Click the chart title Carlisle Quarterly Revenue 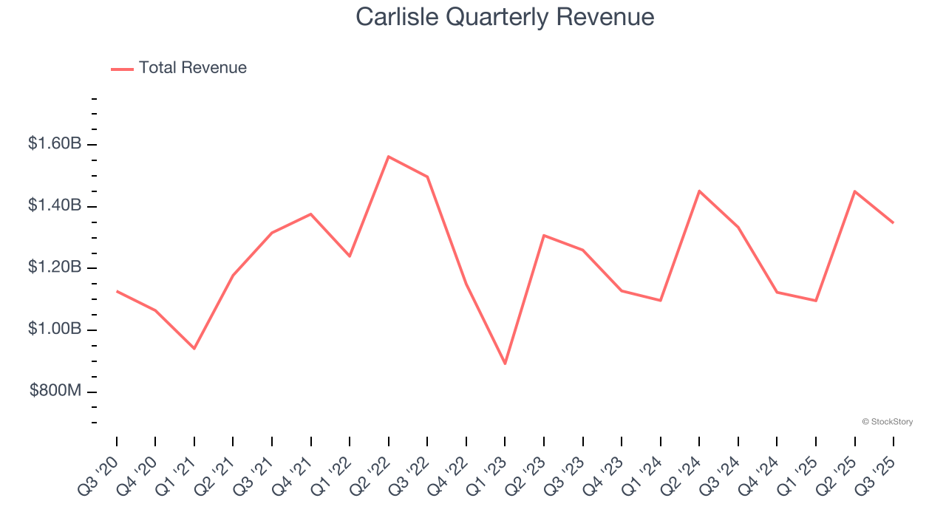tap(505, 17)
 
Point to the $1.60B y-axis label tap(55, 143)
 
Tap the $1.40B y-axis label tap(55, 205)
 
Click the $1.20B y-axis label tap(55, 267)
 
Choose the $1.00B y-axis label tap(55, 329)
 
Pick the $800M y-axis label tap(55, 391)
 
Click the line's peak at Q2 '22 tap(389, 157)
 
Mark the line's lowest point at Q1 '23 tap(505, 364)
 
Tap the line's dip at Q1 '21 tap(194, 348)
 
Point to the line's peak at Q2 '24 tap(699, 191)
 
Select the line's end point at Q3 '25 tap(893, 222)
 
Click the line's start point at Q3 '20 tap(117, 291)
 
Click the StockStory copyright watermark tap(887, 422)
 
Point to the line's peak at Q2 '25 tap(854, 191)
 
